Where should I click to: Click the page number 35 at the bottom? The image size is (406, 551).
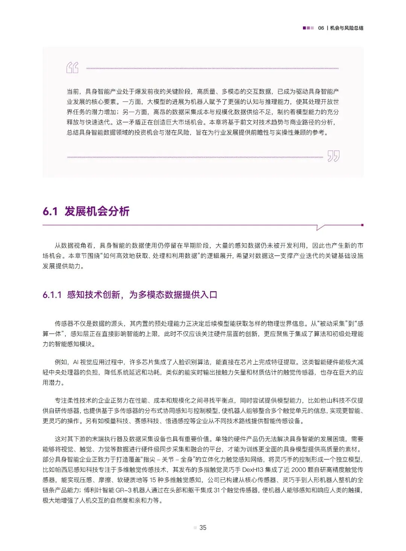pyautogui.click(x=203, y=528)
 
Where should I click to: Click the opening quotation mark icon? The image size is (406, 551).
pyautogui.click(x=73, y=68)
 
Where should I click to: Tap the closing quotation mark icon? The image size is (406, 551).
pyautogui.click(x=333, y=156)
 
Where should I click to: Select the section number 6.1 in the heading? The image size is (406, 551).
pyautogui.click(x=50, y=211)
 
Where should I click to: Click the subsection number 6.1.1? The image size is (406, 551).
pyautogui.click(x=52, y=295)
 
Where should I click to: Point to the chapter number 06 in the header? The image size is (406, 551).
pyautogui.click(x=321, y=28)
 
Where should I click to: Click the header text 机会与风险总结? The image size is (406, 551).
pyautogui.click(x=347, y=28)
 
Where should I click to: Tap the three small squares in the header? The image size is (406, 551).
pyautogui.click(x=308, y=28)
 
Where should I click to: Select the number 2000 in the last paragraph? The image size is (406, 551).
pyautogui.click(x=299, y=470)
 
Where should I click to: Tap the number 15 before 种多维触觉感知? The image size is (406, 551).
pyautogui.click(x=153, y=480)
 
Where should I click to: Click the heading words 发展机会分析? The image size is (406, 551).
pyautogui.click(x=97, y=211)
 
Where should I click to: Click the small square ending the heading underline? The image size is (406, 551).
pyautogui.click(x=362, y=225)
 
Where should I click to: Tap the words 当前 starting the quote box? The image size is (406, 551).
pyautogui.click(x=73, y=91)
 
